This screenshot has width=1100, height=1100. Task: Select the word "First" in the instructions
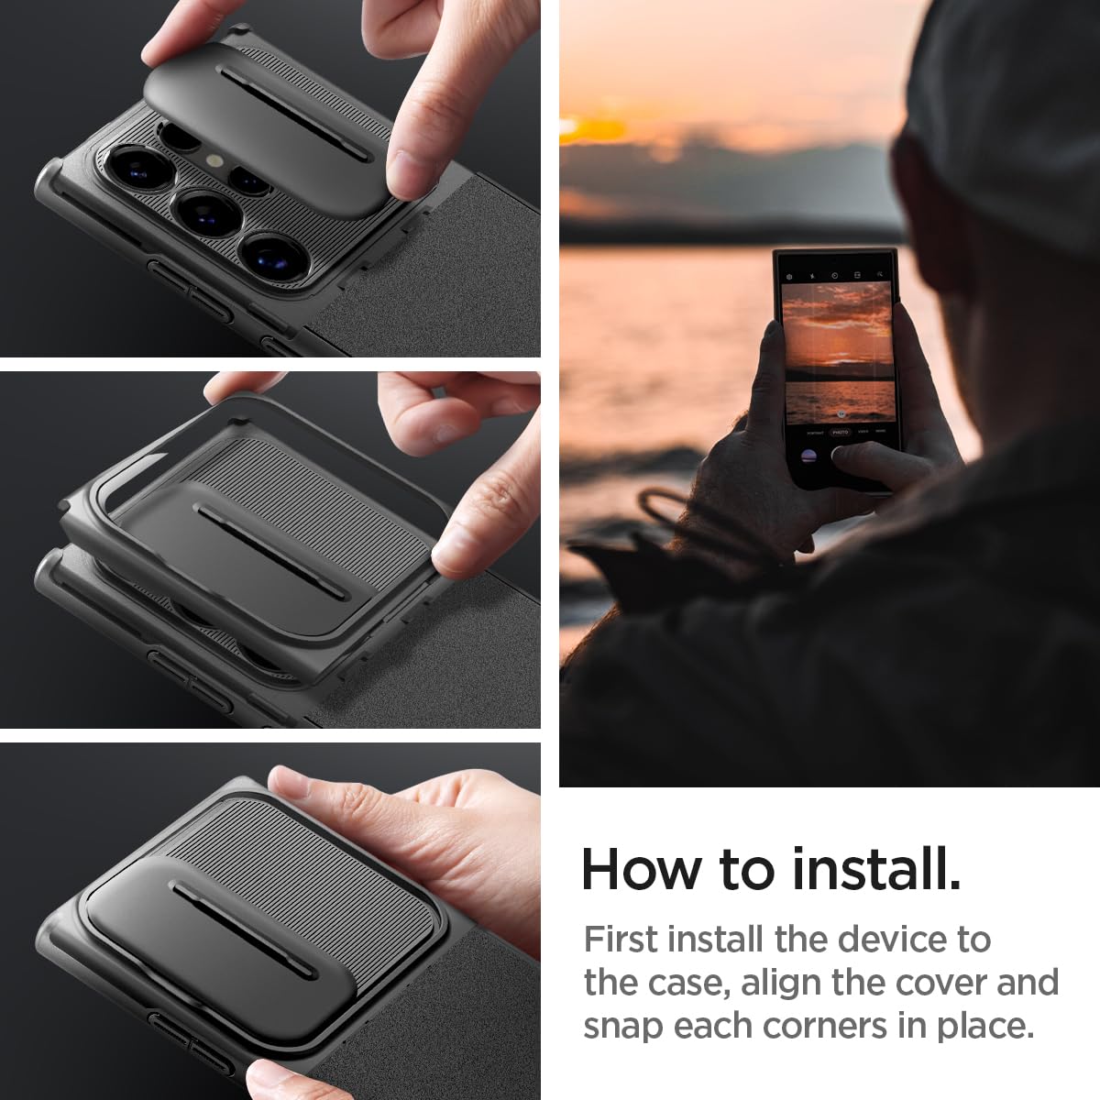click(x=621, y=940)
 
